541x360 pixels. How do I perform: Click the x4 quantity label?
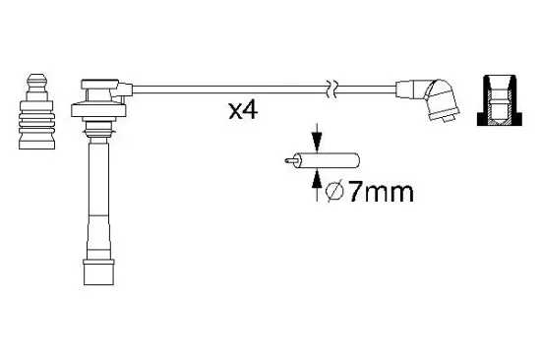[243, 109]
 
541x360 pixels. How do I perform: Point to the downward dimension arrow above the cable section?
[316, 136]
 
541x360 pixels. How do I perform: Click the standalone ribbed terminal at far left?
[35, 113]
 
